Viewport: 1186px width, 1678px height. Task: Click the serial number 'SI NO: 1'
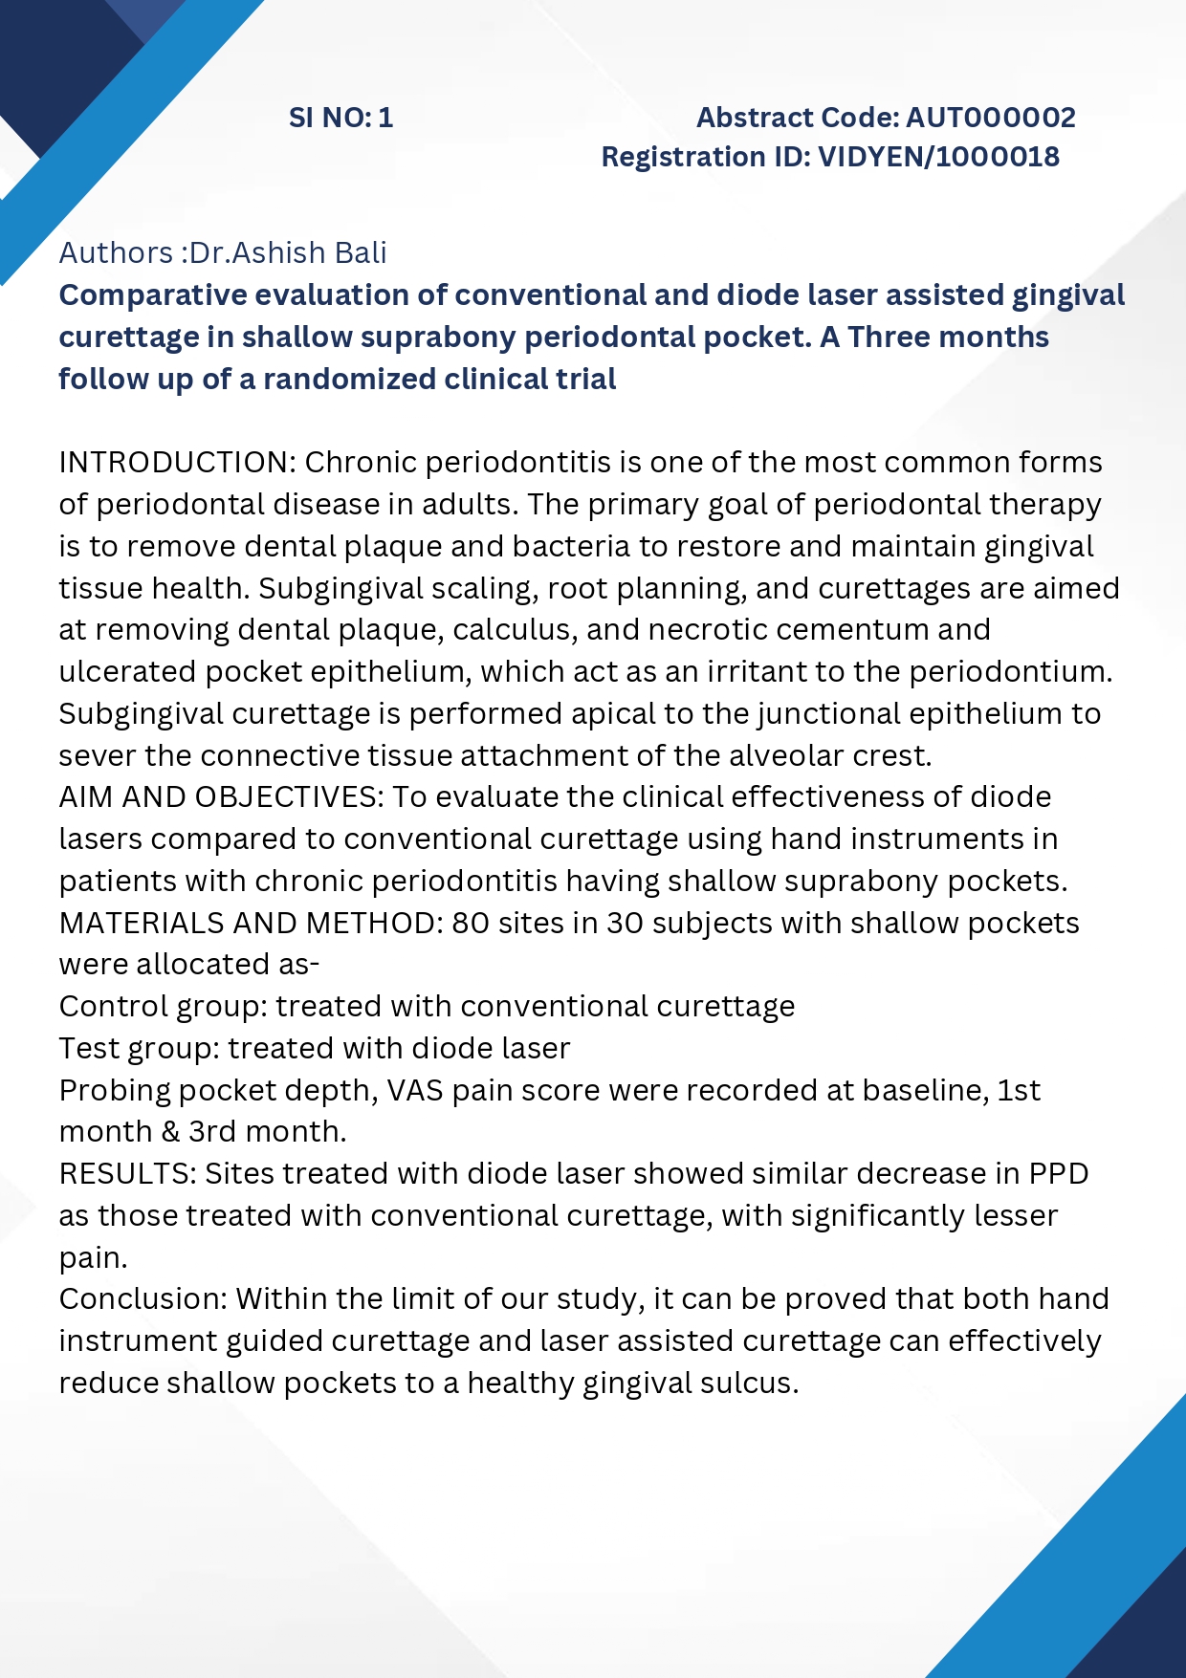coord(340,118)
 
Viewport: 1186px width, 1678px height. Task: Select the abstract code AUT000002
coord(990,118)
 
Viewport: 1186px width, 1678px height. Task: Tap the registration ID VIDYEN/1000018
coord(938,157)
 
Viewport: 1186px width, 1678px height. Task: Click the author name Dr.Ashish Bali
coord(288,252)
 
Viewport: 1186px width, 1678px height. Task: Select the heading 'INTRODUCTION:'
coord(177,463)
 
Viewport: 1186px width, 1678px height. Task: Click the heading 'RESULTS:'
coord(127,1174)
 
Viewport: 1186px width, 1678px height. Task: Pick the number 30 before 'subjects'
coord(626,924)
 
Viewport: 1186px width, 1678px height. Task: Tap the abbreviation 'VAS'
coord(415,1091)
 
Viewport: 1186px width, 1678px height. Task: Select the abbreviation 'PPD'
coord(1059,1174)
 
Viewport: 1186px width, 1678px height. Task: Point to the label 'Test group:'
coord(139,1049)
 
